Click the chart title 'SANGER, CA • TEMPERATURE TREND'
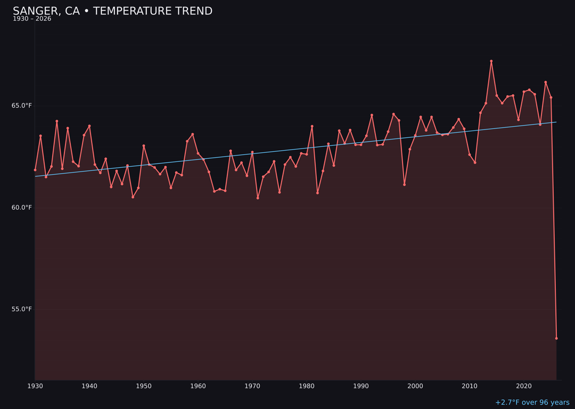pos(112,11)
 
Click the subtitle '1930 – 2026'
pos(32,19)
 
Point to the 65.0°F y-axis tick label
pos(22,105)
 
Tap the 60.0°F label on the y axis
pos(22,207)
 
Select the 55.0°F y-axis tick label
pos(22,309)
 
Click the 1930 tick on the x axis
pos(35,386)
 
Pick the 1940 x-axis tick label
pos(89,386)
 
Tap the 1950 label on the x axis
pos(144,386)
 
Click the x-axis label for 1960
pos(198,386)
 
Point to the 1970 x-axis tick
pos(252,386)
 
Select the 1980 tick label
pos(307,386)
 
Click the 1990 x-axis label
pos(361,386)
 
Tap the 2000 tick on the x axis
pos(415,386)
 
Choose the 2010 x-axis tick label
pos(470,386)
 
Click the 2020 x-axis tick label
pos(524,386)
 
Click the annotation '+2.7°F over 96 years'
pos(532,403)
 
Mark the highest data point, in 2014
pos(491,61)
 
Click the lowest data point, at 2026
pos(556,338)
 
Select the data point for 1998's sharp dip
pos(404,185)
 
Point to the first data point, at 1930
pos(35,170)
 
